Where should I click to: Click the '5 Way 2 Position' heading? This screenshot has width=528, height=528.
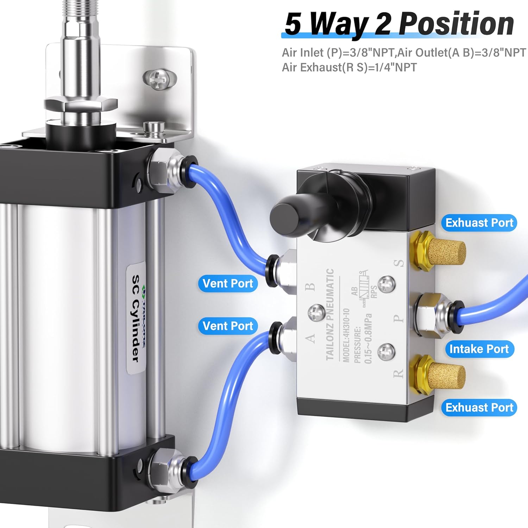(399, 24)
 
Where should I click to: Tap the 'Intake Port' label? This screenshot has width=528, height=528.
(479, 349)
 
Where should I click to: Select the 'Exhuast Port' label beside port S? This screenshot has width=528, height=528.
(479, 223)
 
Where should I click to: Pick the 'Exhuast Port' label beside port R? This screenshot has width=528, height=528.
(479, 407)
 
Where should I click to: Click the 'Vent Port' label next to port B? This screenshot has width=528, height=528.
(228, 283)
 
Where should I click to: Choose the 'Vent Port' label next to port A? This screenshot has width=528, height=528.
(228, 326)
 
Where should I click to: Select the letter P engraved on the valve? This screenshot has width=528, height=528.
(398, 319)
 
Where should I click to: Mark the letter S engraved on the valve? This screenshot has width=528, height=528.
(398, 263)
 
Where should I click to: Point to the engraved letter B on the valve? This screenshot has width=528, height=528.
(310, 287)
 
